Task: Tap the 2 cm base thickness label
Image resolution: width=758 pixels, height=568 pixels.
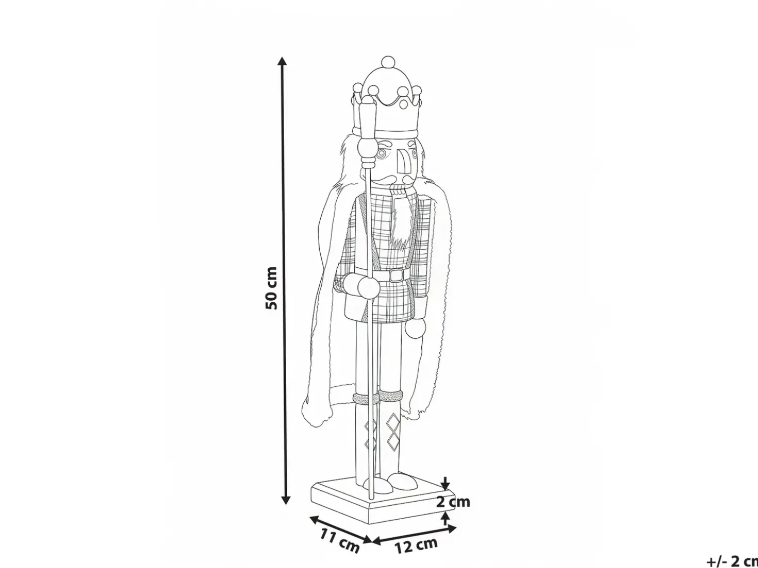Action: click(453, 502)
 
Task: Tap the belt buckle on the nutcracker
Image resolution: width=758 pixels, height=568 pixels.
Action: click(396, 275)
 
